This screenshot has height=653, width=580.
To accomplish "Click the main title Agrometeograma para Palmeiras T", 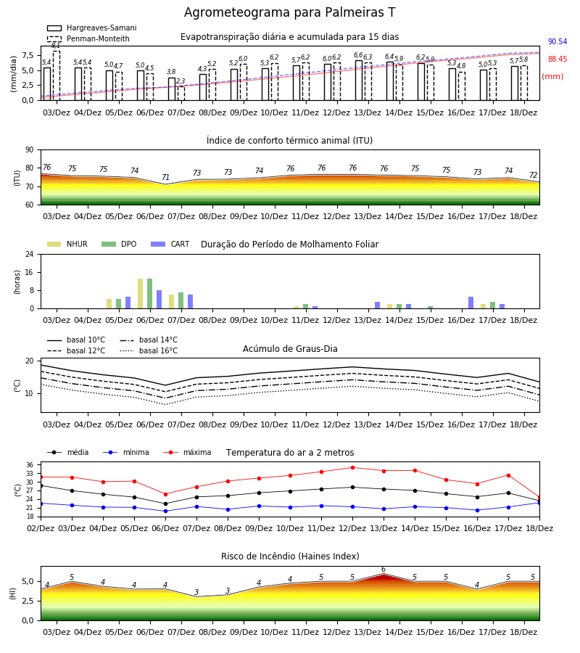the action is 289,12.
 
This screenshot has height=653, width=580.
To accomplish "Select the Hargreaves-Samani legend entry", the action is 92,28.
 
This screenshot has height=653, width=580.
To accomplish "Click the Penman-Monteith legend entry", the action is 88,38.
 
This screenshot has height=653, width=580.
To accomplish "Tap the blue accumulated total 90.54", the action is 558,41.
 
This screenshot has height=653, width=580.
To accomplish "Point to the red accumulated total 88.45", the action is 558,59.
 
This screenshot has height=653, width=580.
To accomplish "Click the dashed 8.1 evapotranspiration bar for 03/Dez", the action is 57,75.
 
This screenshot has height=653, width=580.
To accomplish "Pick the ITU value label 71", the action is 165,178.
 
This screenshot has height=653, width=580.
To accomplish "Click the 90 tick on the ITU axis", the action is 30,150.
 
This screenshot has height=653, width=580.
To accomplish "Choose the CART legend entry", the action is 170,244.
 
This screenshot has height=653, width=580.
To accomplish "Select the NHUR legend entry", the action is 67,244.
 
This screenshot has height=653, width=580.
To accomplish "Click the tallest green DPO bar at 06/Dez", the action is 150,294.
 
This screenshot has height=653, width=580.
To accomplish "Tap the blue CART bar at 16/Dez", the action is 471,303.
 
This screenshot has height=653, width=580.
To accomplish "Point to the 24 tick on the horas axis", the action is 30,254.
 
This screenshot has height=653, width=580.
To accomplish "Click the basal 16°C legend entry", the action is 149,351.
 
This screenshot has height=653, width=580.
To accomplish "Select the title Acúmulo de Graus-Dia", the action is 290,349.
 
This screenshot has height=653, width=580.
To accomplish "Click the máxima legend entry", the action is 188,453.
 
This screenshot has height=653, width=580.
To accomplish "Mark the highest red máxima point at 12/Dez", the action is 353,468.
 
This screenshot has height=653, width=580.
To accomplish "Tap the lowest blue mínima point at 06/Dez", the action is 165,511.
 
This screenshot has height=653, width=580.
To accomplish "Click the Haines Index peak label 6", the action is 384,570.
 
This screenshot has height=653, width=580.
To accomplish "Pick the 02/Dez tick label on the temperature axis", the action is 41,528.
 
